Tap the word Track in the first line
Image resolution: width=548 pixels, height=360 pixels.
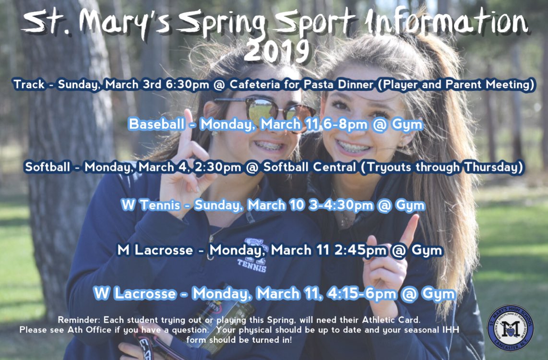[x=29, y=84]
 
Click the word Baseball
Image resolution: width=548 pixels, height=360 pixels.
[x=156, y=124]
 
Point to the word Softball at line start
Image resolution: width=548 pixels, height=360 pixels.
[x=48, y=167]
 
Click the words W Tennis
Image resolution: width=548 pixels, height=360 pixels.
[x=151, y=205]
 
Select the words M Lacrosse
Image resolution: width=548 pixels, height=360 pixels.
[x=155, y=250]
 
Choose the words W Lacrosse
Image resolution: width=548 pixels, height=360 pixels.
[x=135, y=293]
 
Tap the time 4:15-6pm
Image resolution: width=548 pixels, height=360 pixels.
[x=362, y=294]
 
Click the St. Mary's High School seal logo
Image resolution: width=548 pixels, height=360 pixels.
[x=510, y=328]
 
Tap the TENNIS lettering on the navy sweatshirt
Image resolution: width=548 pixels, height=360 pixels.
[x=251, y=265]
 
